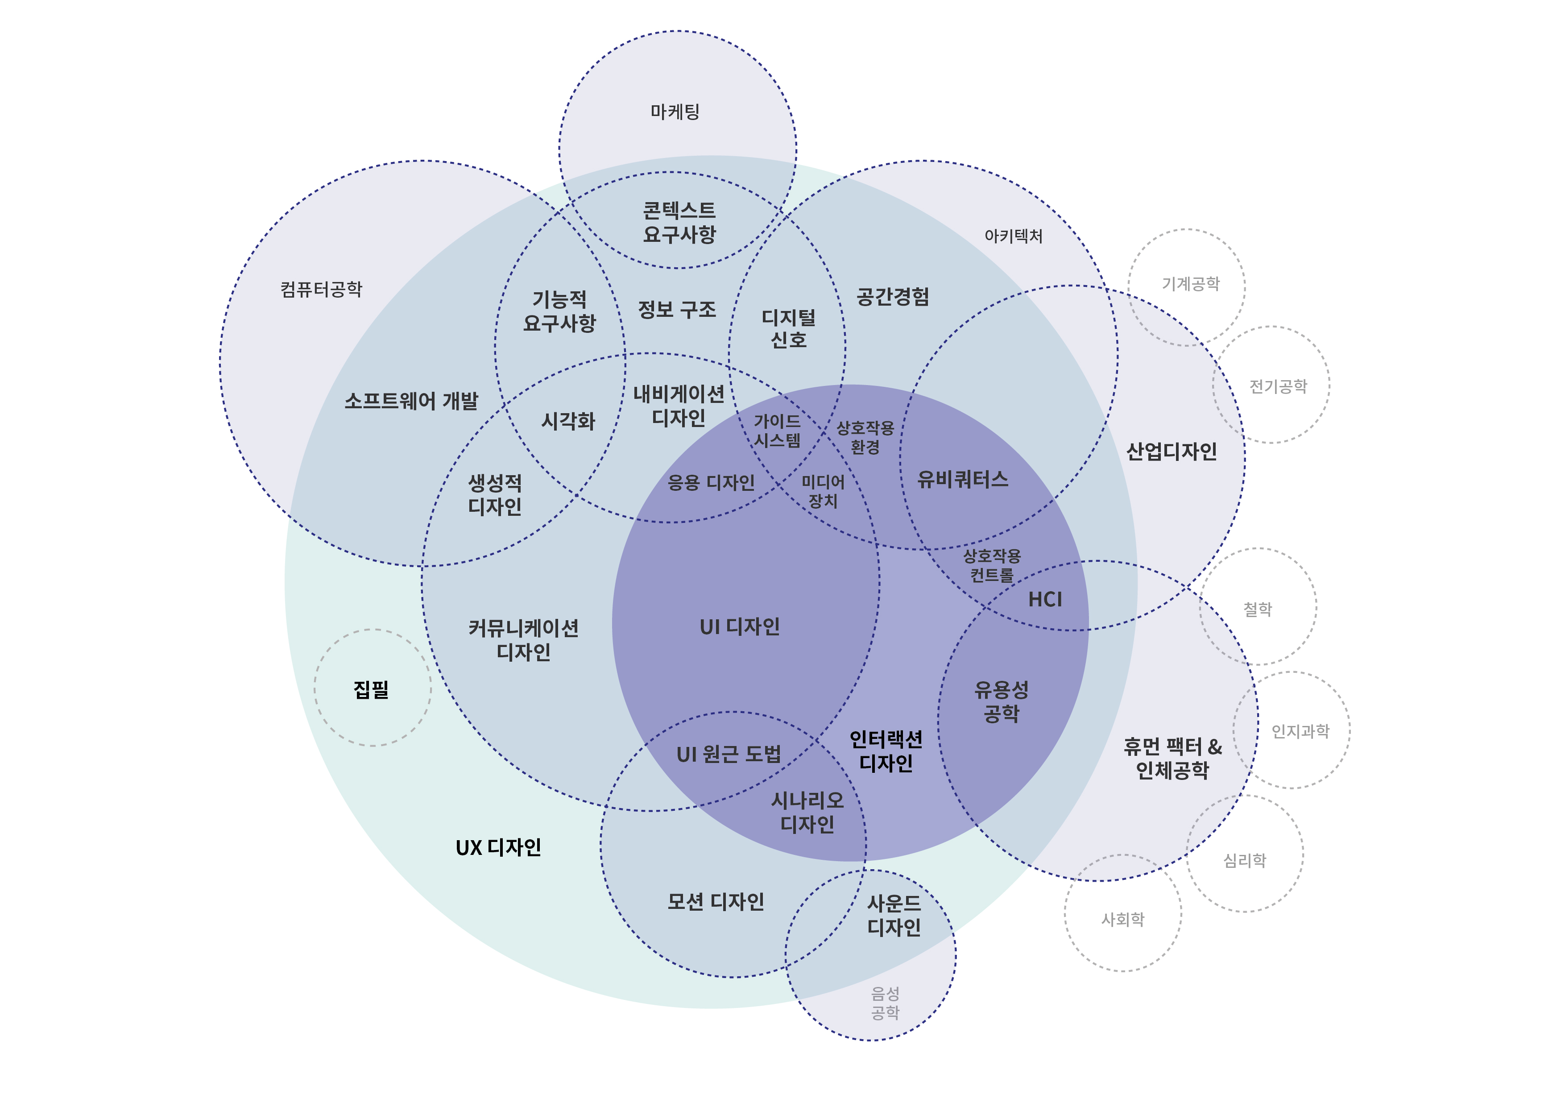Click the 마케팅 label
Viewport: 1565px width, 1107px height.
point(675,112)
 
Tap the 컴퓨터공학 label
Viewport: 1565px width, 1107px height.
point(321,290)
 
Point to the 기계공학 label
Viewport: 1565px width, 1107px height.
point(1190,284)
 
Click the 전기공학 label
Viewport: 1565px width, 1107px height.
point(1278,386)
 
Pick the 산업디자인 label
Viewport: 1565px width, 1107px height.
point(1171,451)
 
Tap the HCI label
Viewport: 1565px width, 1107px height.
point(1044,600)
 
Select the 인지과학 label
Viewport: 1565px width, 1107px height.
point(1300,731)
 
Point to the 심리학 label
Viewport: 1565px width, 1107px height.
point(1245,860)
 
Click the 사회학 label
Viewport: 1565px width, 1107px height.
point(1122,920)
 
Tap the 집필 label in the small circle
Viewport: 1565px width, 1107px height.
point(372,689)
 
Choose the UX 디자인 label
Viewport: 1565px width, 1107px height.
point(498,847)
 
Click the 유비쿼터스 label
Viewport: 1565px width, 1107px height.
point(962,479)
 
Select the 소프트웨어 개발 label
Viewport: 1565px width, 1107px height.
point(411,401)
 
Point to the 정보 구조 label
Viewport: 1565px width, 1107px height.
point(677,310)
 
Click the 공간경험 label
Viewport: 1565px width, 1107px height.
point(892,297)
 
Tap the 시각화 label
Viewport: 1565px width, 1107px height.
point(568,421)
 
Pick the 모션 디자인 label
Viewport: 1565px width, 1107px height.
point(715,902)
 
